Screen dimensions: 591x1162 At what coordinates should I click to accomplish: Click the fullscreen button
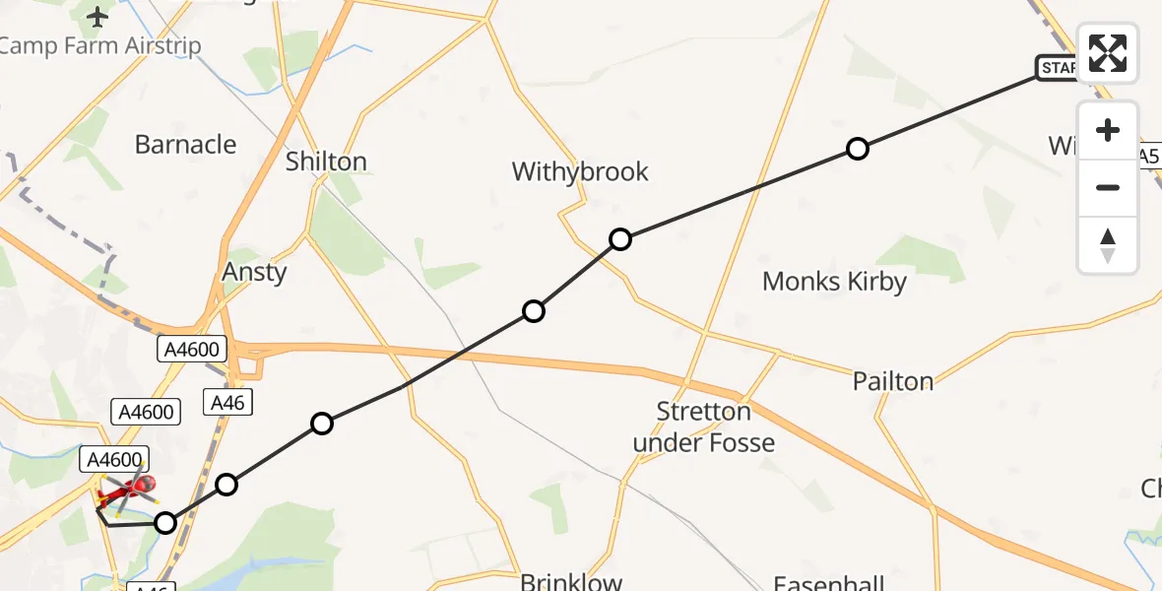[1108, 53]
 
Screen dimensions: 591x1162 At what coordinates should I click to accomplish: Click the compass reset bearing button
[1108, 245]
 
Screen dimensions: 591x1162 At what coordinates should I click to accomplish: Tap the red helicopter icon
[128, 487]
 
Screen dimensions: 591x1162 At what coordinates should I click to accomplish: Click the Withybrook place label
[580, 171]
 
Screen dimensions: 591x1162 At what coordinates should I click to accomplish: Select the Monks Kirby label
[834, 282]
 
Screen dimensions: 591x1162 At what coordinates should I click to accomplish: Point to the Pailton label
[893, 381]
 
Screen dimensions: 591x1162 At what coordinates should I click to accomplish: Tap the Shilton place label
[326, 162]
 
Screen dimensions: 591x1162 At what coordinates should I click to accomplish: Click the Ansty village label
[255, 272]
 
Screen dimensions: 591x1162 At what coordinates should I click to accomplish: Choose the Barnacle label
[185, 145]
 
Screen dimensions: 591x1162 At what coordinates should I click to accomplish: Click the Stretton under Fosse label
[704, 427]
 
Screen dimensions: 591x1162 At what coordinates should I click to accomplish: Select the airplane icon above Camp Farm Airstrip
[97, 17]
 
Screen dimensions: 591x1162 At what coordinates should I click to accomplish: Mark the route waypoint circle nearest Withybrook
[620, 238]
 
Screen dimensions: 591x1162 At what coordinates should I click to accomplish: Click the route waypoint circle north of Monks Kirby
[858, 149]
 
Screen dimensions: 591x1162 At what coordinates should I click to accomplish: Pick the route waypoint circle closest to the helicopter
[165, 523]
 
